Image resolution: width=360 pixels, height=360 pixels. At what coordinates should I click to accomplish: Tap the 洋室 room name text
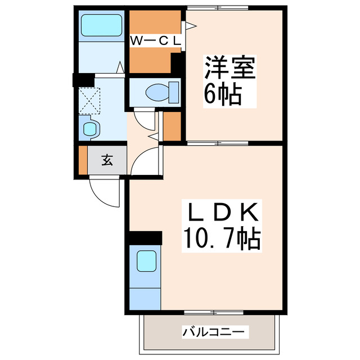[229, 69]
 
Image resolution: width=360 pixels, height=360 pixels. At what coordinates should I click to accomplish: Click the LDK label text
[222, 213]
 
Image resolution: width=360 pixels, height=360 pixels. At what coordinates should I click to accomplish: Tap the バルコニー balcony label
[214, 332]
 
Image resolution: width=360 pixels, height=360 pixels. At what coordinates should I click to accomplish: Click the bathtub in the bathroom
[101, 25]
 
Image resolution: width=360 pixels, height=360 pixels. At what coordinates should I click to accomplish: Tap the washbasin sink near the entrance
[90, 129]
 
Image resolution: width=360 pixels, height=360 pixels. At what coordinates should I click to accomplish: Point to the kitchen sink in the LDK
[146, 261]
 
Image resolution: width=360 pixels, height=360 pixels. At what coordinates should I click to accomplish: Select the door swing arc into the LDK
[145, 163]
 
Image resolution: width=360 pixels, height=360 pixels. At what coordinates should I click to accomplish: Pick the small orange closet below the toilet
[172, 127]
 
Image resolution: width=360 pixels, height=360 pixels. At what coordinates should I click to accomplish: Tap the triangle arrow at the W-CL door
[190, 25]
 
